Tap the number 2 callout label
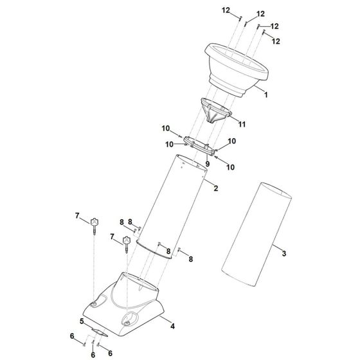216,188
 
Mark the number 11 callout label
243,123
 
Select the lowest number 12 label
277,41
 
